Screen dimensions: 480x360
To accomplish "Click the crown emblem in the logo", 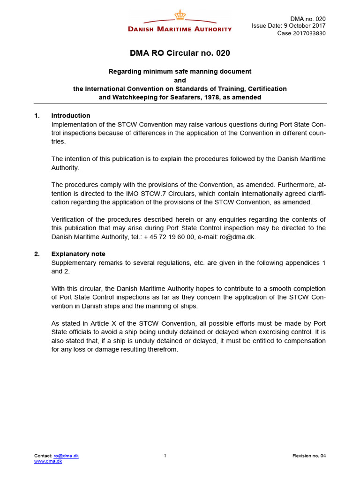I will click(180, 15).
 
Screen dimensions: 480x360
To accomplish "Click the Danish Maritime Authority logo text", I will click(180, 29).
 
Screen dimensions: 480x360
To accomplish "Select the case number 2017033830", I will click(308, 33).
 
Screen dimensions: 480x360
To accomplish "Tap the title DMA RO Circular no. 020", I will click(180, 53).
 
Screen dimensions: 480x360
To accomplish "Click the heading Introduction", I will click(71, 116).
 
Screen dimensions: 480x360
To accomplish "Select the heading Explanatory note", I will click(78, 254).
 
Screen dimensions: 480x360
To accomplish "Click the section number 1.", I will click(37, 116).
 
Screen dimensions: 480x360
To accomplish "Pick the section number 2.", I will click(37, 254).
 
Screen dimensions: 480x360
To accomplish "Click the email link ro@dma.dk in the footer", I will click(66, 456).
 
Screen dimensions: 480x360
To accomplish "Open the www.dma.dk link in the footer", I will click(48, 461).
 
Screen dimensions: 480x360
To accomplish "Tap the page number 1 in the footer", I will click(165, 456).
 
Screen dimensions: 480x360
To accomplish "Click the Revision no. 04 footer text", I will click(309, 456).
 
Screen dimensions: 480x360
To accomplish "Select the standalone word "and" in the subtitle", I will click(180, 80).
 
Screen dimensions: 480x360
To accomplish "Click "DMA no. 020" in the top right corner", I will click(308, 19).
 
